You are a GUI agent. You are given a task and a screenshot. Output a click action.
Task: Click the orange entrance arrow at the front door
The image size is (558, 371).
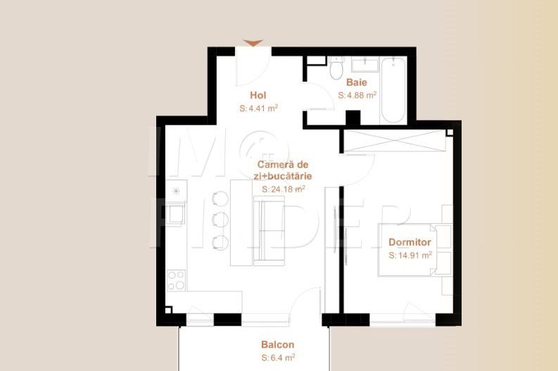click(x=253, y=43)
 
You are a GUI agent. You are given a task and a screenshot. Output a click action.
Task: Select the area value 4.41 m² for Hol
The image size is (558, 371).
click(x=259, y=108)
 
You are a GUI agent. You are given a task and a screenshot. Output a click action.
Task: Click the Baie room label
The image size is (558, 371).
click(x=357, y=82)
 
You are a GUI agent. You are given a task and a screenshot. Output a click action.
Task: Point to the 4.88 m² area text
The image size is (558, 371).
click(x=357, y=94)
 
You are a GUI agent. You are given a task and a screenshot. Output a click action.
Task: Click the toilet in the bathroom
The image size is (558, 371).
click(x=336, y=70)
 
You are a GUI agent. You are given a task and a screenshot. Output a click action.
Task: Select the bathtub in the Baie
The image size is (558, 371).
click(x=392, y=89)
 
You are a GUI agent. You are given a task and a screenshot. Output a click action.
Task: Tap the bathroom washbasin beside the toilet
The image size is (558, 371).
click(x=364, y=65)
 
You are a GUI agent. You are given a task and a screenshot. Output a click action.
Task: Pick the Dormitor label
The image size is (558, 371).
click(x=410, y=243)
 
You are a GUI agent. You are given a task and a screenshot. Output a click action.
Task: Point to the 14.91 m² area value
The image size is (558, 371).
click(x=410, y=256)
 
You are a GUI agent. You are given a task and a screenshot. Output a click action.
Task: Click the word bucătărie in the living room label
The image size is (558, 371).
click(x=291, y=176)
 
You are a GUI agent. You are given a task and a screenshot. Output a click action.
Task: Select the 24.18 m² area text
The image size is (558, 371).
click(x=283, y=189)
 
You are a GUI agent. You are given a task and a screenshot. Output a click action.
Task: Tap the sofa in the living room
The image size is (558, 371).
click(x=268, y=232)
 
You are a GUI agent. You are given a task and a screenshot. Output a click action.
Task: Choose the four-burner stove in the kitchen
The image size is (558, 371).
click(x=176, y=280)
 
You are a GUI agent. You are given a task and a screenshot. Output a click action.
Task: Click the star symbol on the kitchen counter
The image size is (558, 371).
click(x=176, y=191)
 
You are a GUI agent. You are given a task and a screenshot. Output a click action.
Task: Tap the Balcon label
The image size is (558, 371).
click(x=278, y=345)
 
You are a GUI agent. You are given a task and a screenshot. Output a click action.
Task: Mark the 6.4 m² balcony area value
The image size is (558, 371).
click(x=278, y=358)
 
